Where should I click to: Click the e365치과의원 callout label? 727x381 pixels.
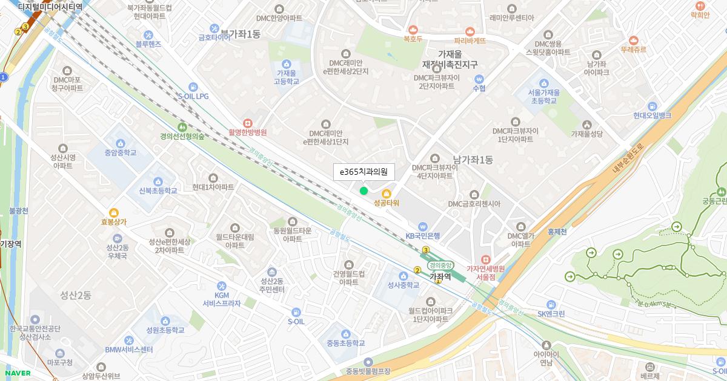tap(363, 172)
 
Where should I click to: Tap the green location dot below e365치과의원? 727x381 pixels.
tap(363, 191)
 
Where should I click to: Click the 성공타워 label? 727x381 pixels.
tap(387, 203)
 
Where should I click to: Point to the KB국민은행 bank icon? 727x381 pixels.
tap(422, 226)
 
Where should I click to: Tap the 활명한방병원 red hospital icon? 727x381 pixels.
tap(247, 122)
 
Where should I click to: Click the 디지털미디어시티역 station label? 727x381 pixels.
tap(50, 7)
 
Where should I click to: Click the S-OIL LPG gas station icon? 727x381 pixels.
tap(193, 87)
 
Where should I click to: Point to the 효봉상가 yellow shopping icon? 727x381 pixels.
tap(113, 212)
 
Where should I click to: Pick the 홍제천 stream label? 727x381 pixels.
tap(556, 231)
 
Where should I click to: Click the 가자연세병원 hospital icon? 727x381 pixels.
tap(485, 259)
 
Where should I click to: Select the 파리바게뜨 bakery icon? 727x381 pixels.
tap(470, 31)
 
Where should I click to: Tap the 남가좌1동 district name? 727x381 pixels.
tap(473, 160)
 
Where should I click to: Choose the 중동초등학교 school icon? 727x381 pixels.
tap(346, 334)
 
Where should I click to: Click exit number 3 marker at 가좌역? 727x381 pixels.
tap(426, 250)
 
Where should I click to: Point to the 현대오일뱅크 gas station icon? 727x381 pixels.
tap(652, 106)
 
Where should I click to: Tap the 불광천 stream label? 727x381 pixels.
tap(19, 211)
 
